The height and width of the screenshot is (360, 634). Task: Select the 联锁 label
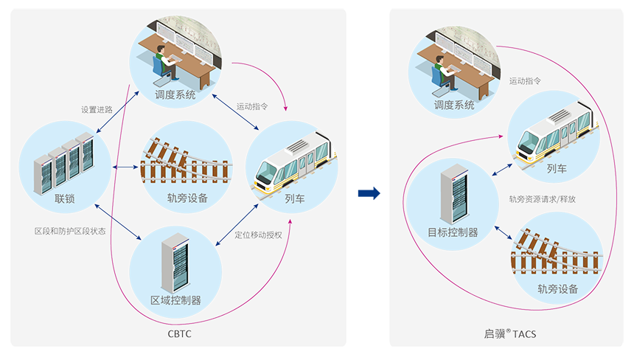(65, 200)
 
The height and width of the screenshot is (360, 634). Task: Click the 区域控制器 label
(175, 300)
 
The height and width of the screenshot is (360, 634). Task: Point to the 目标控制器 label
(453, 232)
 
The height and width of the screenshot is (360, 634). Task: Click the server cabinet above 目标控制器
(451, 194)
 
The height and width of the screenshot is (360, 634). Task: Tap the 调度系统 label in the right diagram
(454, 105)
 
